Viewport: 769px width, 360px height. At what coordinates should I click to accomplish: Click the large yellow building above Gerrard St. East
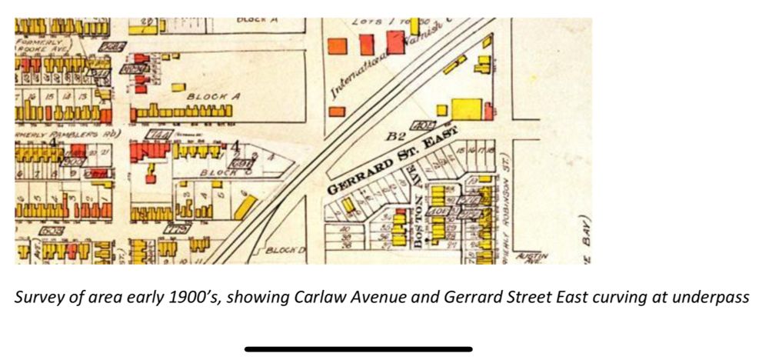465,109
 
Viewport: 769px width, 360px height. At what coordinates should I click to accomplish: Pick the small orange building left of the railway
336,112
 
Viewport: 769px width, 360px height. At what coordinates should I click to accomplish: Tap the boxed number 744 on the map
162,135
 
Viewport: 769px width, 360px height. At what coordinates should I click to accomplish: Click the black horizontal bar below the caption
358,349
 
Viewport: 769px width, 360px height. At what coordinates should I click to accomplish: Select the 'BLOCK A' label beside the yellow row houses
214,97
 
